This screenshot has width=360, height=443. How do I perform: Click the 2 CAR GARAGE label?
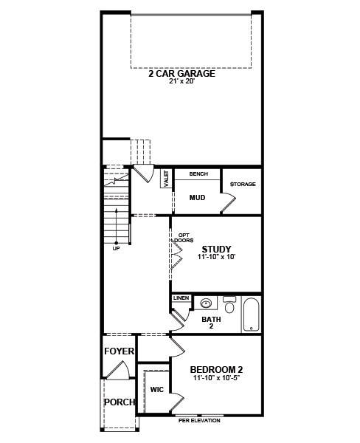coord(181,74)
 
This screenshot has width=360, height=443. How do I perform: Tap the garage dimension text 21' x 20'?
coord(182,82)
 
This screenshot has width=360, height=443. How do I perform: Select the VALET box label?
coord(166,178)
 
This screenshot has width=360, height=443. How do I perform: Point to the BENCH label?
coord(198,174)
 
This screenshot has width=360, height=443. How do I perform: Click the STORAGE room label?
coord(243,184)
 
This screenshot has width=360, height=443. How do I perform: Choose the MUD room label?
coord(197,197)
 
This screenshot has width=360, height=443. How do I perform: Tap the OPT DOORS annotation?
coord(184,238)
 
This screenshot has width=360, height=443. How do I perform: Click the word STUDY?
coord(216,250)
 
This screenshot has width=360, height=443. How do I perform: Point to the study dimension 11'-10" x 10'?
coord(217,257)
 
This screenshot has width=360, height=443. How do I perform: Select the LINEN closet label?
coord(181,298)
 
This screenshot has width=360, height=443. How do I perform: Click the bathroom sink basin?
coord(206,303)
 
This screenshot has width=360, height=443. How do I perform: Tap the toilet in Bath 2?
coord(229,304)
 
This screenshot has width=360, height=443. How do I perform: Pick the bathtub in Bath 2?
coord(252,315)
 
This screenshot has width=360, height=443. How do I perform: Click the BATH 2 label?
coord(211,323)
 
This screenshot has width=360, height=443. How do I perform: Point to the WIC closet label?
coord(156,390)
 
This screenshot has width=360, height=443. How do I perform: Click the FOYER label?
coord(120,351)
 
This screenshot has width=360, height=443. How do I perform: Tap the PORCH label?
coord(120,402)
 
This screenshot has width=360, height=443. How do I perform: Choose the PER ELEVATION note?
coord(199,421)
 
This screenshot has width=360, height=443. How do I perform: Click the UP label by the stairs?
coord(116,249)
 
